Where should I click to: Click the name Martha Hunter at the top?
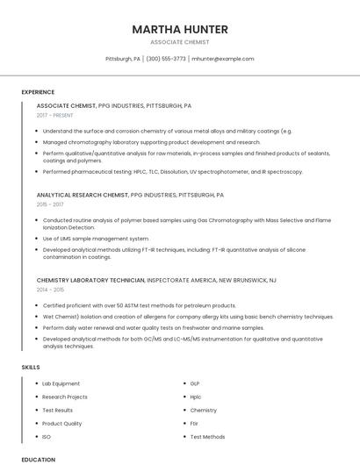180,29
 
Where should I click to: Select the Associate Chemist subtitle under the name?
180,42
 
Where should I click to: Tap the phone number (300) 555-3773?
166,59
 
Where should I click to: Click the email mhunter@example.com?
223,59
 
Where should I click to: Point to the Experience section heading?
38,92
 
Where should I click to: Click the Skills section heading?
31,367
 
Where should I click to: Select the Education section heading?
39,459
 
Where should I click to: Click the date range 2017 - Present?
55,115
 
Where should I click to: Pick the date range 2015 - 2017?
50,204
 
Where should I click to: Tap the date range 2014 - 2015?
50,289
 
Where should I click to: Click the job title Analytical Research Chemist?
83,195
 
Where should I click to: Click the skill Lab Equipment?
61,383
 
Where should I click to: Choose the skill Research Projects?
65,397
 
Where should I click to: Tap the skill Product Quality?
61,423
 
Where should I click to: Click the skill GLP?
195,383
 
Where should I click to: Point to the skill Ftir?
195,423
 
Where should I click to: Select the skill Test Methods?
207,436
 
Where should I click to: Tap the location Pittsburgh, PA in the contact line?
123,59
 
